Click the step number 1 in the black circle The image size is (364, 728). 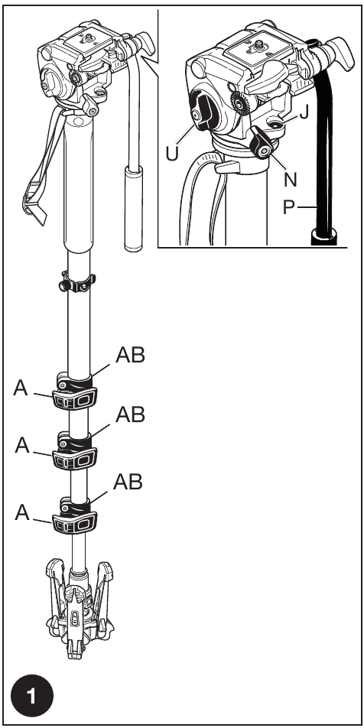pos(32,697)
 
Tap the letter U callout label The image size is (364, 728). pos(172,153)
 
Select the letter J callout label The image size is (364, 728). pos(304,112)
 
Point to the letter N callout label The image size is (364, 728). pos(291,179)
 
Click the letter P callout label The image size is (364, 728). pos(289,207)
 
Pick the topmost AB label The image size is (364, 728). pos(131,355)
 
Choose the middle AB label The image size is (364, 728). pos(131,414)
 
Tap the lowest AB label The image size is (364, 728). pos(128,483)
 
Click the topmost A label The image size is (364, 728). pos(21,388)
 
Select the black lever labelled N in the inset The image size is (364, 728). pos(262,143)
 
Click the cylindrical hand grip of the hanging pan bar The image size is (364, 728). pos(133,210)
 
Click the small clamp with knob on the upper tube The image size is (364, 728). pos(77,283)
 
